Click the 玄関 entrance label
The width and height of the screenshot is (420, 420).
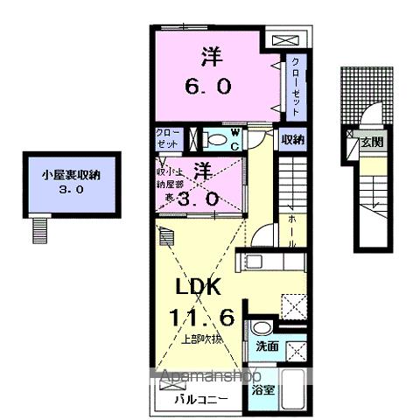(373, 141)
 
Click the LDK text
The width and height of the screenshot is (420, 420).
(206, 288)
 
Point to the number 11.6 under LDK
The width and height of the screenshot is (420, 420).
(207, 316)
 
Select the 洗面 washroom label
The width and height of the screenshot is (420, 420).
(267, 346)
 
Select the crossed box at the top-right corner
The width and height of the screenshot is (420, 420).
(287, 40)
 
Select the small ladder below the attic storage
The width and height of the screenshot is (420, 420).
(38, 229)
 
